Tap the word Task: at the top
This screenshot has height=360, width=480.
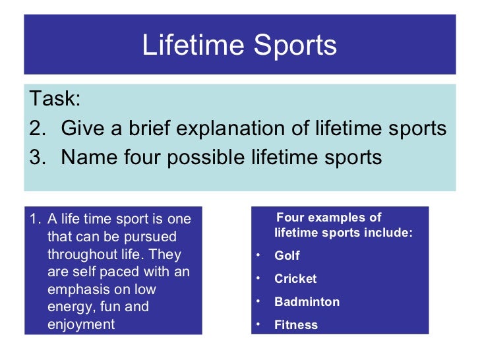point(54,100)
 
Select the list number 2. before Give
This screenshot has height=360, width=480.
point(38,129)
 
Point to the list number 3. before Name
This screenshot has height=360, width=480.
point(38,158)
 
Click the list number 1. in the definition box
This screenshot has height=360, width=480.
point(36,218)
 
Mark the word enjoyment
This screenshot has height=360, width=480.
point(81,324)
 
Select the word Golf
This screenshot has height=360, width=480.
point(287,256)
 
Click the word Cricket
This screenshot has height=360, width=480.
point(295,279)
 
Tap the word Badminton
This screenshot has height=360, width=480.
point(307,302)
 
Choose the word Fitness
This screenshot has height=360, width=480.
point(296,325)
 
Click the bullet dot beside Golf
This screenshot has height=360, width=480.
point(258,255)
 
